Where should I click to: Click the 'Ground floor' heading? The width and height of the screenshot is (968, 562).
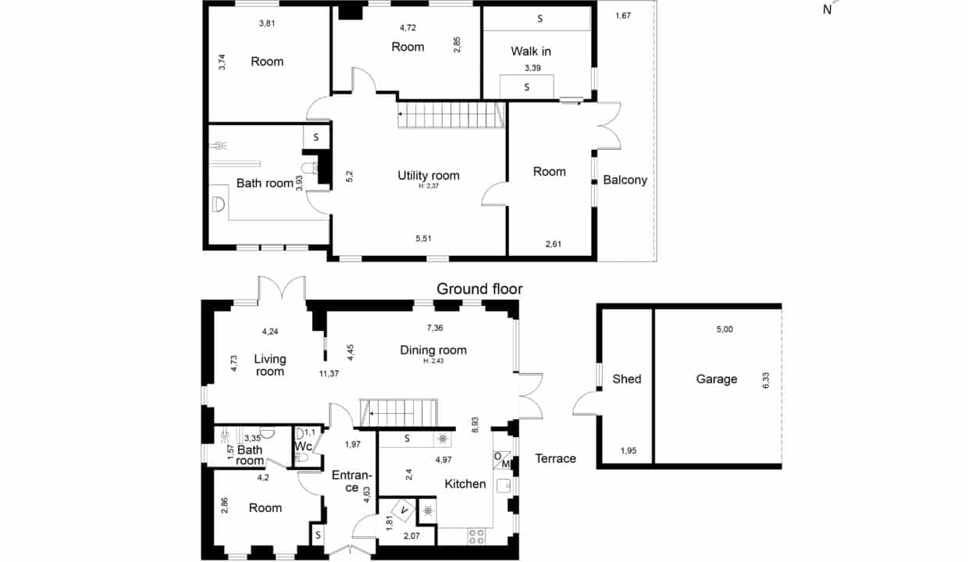point(479,289)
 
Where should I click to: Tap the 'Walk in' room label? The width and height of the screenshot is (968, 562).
point(531,52)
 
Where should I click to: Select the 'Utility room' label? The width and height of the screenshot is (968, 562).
point(429,176)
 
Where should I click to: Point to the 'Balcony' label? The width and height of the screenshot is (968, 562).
point(625,180)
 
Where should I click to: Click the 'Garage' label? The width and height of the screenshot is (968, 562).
point(716,379)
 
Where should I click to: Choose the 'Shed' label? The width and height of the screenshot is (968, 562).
point(627,379)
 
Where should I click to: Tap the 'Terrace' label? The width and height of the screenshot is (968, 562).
point(555,458)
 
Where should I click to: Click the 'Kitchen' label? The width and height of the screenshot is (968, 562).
point(465,484)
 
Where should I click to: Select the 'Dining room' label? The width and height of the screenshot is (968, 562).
point(433,350)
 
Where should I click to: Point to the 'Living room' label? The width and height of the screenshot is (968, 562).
point(269,365)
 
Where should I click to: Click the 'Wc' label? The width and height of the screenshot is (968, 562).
point(303,446)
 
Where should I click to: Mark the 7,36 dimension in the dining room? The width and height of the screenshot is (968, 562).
point(435,328)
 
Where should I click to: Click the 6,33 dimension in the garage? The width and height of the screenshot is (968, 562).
point(766,381)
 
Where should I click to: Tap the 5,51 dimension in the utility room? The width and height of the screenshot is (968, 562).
point(423,238)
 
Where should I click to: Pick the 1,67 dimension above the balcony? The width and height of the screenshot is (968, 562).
point(623,16)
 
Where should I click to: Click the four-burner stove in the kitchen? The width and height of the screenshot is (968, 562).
point(476,536)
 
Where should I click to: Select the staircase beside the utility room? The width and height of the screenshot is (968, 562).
point(451,115)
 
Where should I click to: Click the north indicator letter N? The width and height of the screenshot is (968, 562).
point(827,9)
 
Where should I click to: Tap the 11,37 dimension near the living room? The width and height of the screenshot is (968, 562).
point(329,374)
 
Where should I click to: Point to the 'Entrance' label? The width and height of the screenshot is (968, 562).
point(352,482)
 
